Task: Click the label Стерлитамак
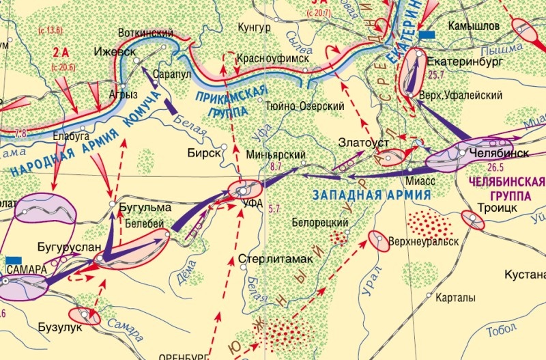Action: coord(275,260)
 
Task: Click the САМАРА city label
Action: coord(25,270)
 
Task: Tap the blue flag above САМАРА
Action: coord(12,259)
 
